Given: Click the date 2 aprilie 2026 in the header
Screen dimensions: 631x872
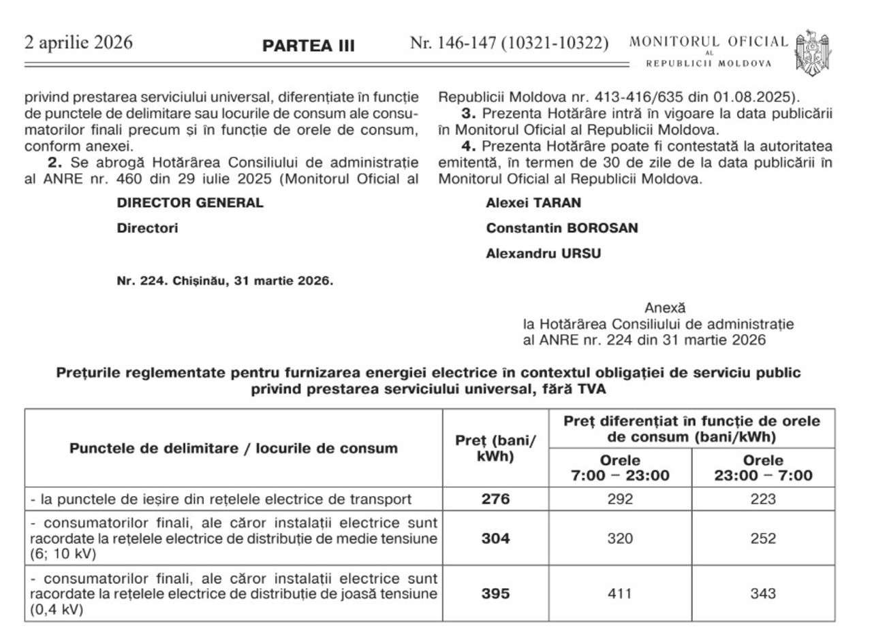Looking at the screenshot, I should [78, 43].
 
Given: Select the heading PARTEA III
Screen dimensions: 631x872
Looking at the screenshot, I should [309, 46].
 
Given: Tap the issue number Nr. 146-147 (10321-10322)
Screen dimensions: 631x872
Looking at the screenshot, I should [509, 44].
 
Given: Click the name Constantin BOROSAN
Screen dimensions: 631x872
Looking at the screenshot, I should [562, 229].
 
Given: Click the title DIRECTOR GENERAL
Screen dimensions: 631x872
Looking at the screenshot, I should [190, 204].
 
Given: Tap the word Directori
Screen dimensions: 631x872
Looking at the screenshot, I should [147, 229].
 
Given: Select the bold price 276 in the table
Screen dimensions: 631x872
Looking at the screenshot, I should [495, 499].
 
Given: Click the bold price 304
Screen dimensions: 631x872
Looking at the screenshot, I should [495, 538].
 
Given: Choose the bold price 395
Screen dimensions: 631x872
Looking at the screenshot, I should [495, 594].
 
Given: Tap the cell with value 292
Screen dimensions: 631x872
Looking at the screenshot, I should [620, 499].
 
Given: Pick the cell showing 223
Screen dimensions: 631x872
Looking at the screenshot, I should [763, 499].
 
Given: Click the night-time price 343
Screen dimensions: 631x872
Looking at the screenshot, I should [763, 594].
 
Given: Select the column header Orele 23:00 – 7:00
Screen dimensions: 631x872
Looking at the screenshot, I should [763, 468].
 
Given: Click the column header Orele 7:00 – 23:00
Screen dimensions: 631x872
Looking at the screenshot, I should [620, 468].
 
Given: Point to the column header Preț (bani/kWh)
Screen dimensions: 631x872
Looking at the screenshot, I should [495, 449].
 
